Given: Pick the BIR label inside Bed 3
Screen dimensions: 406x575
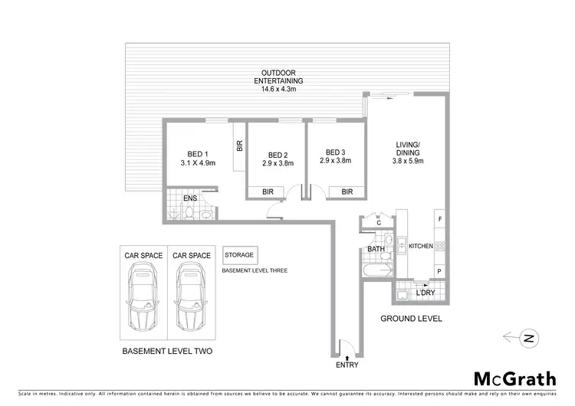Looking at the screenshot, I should click(347, 192).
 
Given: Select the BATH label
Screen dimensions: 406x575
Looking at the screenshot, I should click(375, 249).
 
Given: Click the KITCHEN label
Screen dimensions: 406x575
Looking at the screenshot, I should click(420, 246).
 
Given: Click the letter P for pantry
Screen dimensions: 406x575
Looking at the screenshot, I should click(439, 272).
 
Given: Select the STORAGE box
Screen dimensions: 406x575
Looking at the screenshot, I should click(240, 255).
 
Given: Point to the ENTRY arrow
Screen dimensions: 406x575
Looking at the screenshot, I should click(347, 357).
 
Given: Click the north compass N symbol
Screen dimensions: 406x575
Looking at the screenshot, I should click(527, 336).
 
